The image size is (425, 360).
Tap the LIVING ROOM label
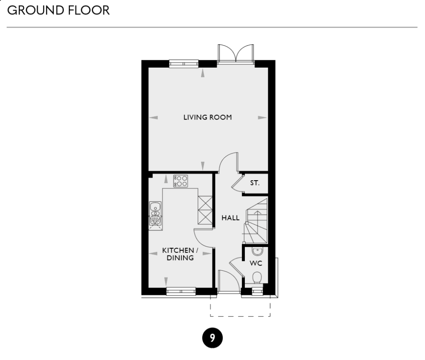(x=207, y=117)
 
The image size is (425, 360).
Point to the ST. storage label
(x=255, y=184)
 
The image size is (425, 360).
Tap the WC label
(x=255, y=263)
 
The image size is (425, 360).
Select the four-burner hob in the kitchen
(x=181, y=181)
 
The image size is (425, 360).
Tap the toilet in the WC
(x=256, y=278)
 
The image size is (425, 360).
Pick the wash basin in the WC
(x=256, y=251)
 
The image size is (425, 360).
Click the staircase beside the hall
(x=256, y=221)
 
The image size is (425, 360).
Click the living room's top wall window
(x=184, y=64)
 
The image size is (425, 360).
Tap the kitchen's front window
(x=181, y=292)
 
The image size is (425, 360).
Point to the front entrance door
(x=229, y=281)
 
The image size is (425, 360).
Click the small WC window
(x=257, y=291)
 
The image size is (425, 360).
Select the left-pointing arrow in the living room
(x=153, y=117)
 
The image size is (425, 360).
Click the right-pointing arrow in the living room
(x=262, y=117)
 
